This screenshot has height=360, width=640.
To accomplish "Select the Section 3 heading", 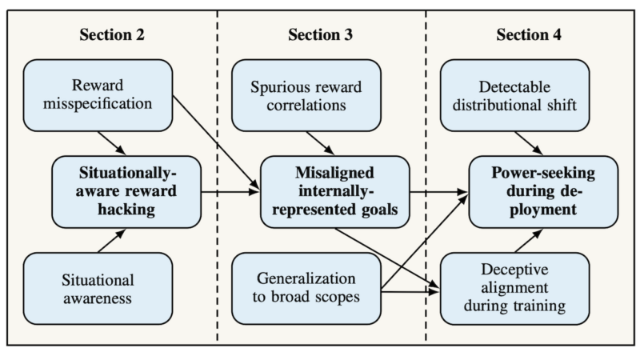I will coord(320,35).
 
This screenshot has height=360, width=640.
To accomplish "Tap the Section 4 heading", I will coord(529,35).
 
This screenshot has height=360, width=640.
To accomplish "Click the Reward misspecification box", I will coord(98,94).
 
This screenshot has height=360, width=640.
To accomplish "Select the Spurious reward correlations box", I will coord(306,94).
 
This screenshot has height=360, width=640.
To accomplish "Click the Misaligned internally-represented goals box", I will coord(332,191).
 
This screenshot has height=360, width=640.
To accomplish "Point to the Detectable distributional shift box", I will coord(515,94).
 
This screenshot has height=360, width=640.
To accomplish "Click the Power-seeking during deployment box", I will coord(543,191).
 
